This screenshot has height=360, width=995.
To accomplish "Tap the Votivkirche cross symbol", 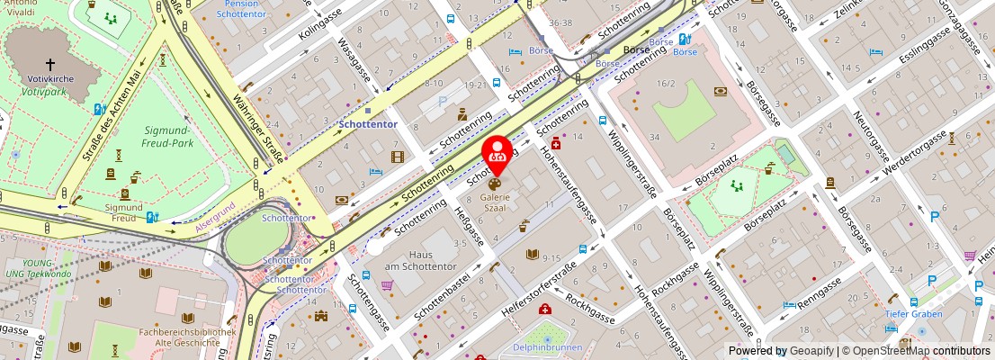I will tap(49, 64).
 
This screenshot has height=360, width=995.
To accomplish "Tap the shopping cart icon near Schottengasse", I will tap(387, 285).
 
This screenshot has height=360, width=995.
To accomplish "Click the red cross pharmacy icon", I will tap(556, 144).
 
